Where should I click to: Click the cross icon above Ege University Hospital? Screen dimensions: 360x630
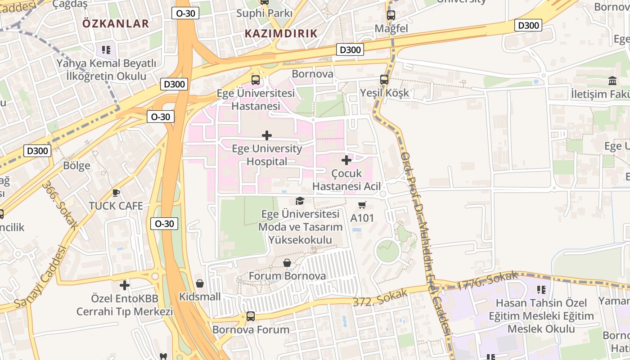267,135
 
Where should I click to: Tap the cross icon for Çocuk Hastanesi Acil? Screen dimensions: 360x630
346,160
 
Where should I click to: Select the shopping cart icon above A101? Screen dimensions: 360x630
362,205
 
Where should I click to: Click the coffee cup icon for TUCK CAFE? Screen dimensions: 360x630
116,193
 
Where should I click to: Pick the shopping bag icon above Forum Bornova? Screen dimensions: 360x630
287,263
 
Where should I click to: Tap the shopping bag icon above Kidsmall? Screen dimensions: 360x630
200,283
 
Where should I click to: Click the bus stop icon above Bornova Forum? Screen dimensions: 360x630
251,316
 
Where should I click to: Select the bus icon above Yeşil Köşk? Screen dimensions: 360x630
384,80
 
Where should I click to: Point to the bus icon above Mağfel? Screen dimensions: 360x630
391,15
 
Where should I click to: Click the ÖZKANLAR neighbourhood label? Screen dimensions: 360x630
116,24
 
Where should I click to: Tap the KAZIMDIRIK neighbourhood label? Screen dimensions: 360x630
281,33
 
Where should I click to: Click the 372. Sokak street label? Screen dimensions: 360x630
380,297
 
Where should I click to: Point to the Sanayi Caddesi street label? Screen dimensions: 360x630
40,277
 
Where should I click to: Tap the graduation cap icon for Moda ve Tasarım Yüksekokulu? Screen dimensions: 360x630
300,201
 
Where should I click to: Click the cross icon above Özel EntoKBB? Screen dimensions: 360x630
125,285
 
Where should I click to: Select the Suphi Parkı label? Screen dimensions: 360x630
265,13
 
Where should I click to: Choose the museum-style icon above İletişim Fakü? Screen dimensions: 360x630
612,81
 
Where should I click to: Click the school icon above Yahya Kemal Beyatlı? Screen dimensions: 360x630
106,49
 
